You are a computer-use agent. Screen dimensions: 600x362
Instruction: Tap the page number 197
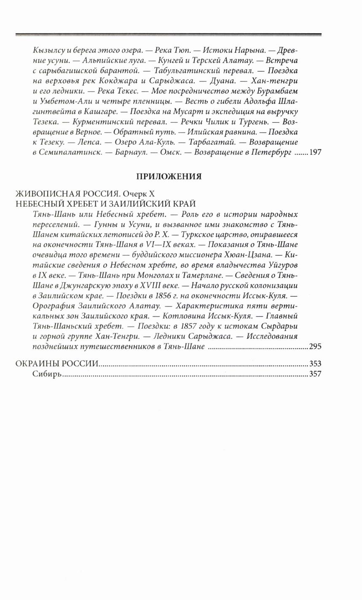[315, 152]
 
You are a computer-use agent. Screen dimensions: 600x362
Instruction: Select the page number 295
[315, 347]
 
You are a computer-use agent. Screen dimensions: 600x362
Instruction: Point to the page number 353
[315, 364]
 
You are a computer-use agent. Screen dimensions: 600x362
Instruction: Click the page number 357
[315, 374]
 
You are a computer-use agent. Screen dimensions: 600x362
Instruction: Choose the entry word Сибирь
[47, 374]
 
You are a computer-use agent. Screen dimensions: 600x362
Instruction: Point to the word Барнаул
[130, 152]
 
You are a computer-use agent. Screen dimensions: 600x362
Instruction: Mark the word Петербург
[271, 152]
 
